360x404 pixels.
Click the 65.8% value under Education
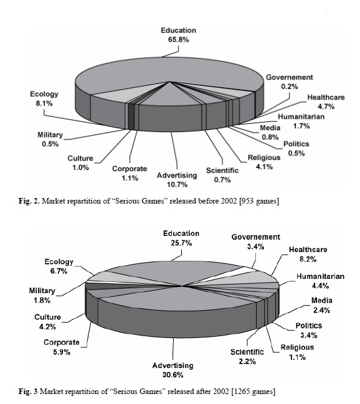(179, 40)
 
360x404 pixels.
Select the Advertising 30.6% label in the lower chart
(173, 370)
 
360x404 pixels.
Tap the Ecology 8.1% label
(44, 99)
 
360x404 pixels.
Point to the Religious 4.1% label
(264, 162)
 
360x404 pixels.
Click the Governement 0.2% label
(290, 82)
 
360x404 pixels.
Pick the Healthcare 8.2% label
(308, 255)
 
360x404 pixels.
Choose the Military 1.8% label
(42, 296)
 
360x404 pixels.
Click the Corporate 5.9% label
(62, 347)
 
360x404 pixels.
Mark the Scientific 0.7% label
(222, 175)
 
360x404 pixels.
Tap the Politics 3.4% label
(309, 331)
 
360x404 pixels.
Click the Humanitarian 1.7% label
(301, 121)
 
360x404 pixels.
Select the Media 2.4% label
(321, 305)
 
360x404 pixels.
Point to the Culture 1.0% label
(80, 163)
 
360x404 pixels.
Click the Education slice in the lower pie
(168, 273)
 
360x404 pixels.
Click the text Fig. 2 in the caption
(29, 201)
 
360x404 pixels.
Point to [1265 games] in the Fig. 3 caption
(253, 392)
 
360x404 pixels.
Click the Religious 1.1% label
(297, 352)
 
